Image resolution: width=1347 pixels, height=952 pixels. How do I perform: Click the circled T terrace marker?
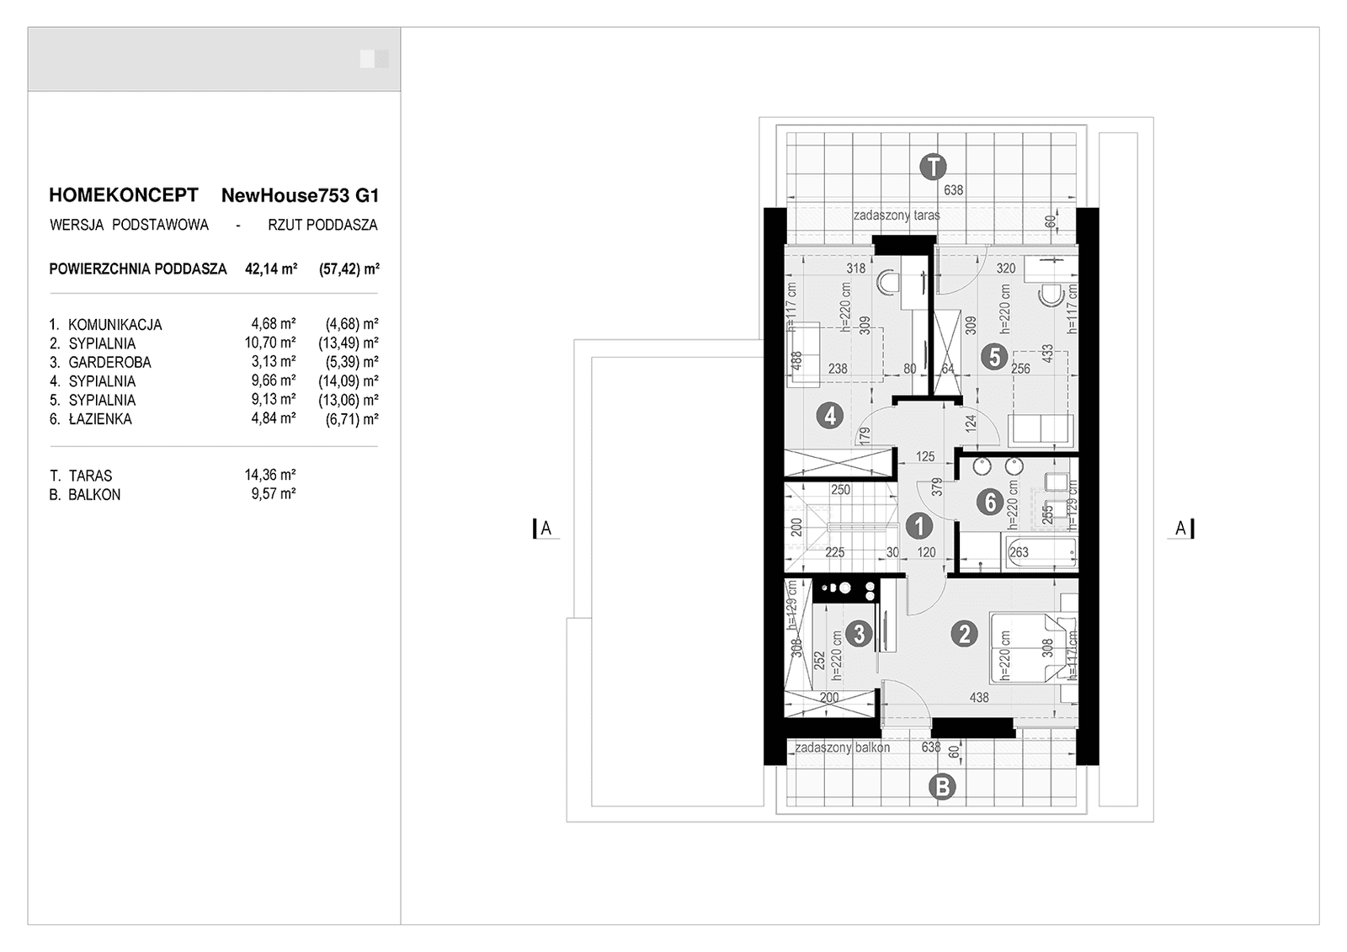(932, 167)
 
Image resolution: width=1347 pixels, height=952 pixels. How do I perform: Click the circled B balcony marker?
(941, 787)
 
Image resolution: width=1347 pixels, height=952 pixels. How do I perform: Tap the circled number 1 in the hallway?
(919, 527)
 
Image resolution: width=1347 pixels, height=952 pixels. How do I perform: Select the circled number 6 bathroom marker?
(990, 503)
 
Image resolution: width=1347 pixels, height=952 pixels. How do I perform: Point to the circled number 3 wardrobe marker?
(859, 633)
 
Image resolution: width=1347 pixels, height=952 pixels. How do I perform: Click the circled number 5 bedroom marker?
(994, 357)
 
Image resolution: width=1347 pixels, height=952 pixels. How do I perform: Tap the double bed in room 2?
(1034, 648)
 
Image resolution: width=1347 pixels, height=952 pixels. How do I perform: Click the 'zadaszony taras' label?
(896, 215)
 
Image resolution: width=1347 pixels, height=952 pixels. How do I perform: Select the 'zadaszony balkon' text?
(842, 747)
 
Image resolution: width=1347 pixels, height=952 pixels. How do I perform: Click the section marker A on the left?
(546, 529)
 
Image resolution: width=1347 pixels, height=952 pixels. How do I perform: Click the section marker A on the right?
(1181, 529)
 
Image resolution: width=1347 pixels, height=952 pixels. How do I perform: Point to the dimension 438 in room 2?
(979, 698)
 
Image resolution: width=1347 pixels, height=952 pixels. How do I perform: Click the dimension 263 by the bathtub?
(1019, 553)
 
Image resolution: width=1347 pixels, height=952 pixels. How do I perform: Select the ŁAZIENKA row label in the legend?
(100, 419)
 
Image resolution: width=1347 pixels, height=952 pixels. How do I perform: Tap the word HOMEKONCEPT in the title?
(124, 195)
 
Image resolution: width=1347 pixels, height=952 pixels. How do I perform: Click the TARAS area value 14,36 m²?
(269, 476)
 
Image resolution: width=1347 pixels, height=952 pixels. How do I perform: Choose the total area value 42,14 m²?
(270, 269)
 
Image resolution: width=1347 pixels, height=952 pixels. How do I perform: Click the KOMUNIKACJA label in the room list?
(114, 325)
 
